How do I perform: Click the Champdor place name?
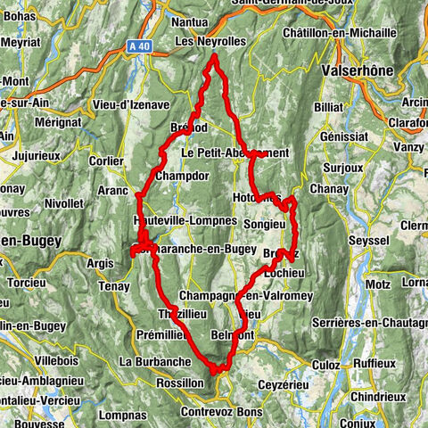tap(181, 177)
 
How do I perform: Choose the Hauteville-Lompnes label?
tap(185, 219)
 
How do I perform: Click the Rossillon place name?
tap(182, 382)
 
